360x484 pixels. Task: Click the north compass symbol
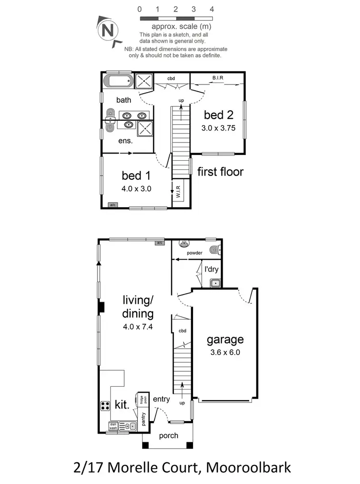[x=109, y=31]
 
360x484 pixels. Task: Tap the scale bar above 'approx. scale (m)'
[x=176, y=19]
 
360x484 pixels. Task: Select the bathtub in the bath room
[x=119, y=81]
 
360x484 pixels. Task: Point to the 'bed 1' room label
[x=136, y=176]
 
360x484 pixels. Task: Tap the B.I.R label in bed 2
[x=218, y=78]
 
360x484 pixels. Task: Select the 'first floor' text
[x=220, y=171]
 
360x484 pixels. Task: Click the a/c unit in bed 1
[x=113, y=205]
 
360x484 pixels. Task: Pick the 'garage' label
[x=225, y=340]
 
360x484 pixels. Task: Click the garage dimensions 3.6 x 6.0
[x=225, y=352]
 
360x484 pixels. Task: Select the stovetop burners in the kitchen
[x=106, y=406]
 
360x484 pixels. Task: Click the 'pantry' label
[x=143, y=418]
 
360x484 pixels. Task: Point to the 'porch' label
[x=168, y=436]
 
